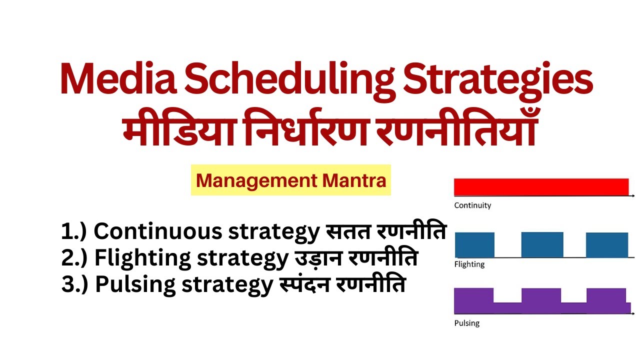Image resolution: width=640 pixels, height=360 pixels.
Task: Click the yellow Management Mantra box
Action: click(x=291, y=180)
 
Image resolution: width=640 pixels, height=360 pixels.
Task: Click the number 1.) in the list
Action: click(x=74, y=231)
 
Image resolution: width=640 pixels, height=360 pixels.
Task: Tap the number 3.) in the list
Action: click(x=75, y=284)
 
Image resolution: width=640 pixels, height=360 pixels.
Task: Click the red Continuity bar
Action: click(x=541, y=186)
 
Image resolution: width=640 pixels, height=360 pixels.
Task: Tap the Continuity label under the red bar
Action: click(x=472, y=205)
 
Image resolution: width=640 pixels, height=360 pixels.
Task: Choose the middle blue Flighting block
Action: click(x=542, y=244)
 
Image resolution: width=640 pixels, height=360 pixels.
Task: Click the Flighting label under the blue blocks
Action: click(x=469, y=264)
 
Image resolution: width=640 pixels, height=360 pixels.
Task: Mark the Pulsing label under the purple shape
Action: click(x=466, y=323)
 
